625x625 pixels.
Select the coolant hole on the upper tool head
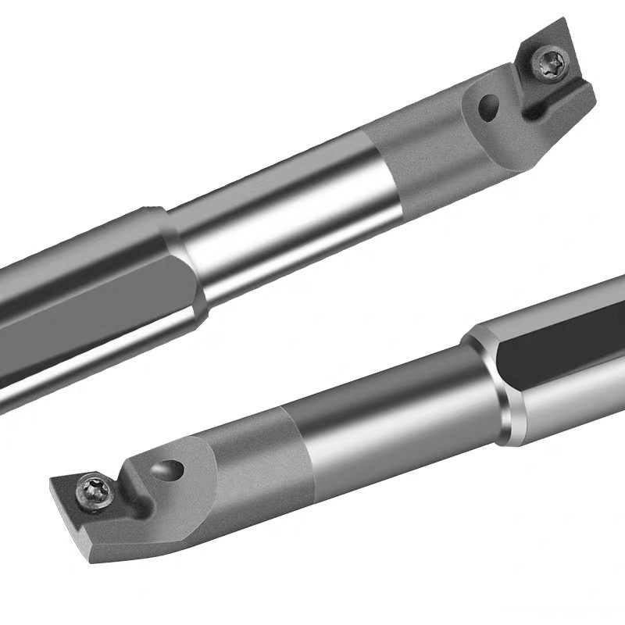[x=490, y=107]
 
